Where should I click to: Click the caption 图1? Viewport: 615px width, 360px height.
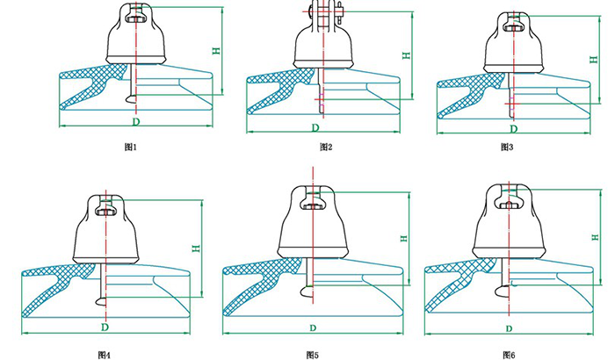click(x=130, y=147)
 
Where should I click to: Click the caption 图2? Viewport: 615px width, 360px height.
click(x=326, y=147)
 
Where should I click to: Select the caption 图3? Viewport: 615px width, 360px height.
click(x=507, y=147)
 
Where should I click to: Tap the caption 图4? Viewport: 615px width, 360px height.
click(x=105, y=356)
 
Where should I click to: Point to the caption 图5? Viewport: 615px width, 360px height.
click(x=313, y=356)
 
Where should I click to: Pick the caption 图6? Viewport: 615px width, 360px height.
click(x=509, y=356)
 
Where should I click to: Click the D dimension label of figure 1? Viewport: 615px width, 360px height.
click(x=135, y=121)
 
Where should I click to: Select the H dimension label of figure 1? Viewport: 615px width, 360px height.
click(x=216, y=51)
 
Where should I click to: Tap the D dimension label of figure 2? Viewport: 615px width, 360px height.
click(x=315, y=128)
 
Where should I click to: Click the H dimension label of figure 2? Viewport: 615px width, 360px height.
click(x=407, y=55)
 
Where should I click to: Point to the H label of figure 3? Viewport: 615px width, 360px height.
click(x=594, y=60)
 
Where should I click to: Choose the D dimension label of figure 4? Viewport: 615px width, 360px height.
click(x=105, y=327)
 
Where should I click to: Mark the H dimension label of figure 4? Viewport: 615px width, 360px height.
click(x=196, y=248)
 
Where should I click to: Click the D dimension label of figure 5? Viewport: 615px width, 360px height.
click(x=313, y=328)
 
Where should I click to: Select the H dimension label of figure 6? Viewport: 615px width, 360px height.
click(x=596, y=237)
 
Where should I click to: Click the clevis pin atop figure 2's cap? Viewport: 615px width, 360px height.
click(x=324, y=11)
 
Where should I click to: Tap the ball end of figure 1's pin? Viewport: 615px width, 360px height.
click(x=132, y=99)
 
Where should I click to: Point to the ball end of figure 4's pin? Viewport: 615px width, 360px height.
click(x=101, y=301)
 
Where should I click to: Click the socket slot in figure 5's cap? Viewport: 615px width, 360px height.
click(x=313, y=204)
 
